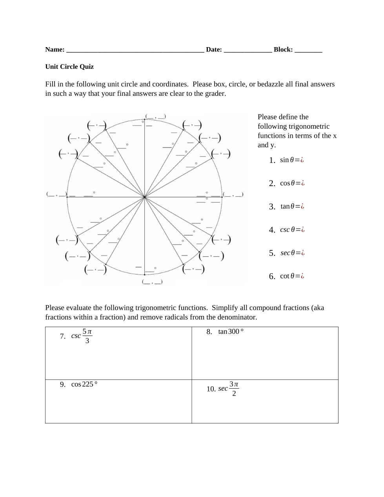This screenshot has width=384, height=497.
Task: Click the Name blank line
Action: [x=135, y=50]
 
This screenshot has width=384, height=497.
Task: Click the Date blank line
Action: [x=248, y=50]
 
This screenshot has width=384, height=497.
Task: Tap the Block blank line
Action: [x=308, y=50]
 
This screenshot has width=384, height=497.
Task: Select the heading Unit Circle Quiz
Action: [x=69, y=67]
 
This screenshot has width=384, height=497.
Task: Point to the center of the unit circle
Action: [x=144, y=197]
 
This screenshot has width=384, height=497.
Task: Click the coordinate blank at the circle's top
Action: [x=155, y=117]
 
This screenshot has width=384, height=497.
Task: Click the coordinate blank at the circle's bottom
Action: [x=152, y=282]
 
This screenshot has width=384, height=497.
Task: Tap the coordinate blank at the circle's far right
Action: [x=233, y=194]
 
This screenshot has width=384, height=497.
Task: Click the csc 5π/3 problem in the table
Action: [x=82, y=336]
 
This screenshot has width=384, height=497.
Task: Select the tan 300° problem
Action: [x=231, y=332]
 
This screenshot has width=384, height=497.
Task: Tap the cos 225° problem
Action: [x=84, y=384]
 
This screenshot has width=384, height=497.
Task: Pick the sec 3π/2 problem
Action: [x=228, y=389]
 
